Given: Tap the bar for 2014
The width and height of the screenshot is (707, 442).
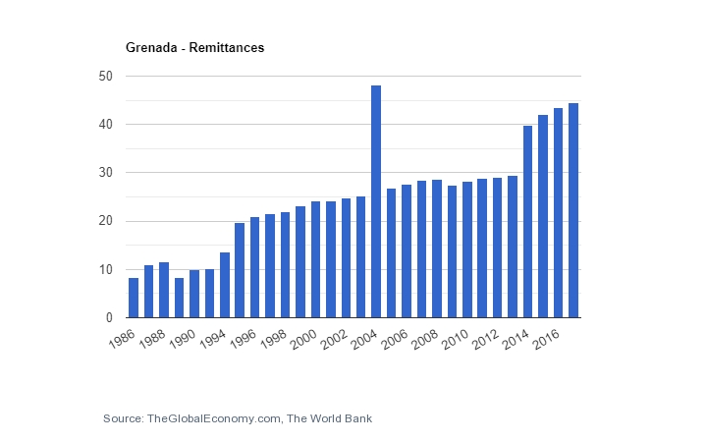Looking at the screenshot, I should (x=527, y=221).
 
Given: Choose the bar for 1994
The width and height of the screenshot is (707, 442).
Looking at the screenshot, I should (x=240, y=270).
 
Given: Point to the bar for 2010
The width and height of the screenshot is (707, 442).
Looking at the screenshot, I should (x=466, y=249).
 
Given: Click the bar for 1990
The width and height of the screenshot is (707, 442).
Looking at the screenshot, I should (x=194, y=294).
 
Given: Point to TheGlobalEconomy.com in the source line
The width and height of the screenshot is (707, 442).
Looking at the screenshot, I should (x=213, y=418).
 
